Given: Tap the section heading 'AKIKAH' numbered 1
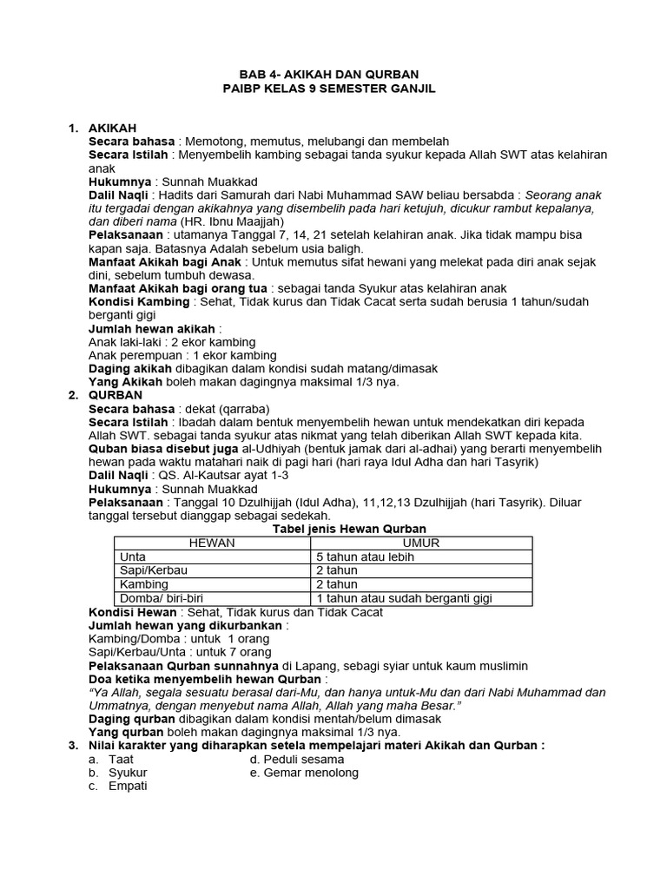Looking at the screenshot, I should [112, 128].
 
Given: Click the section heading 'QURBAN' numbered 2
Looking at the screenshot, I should [113, 395].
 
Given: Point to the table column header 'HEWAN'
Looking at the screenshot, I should [212, 543].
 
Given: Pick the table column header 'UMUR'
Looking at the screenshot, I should [421, 543].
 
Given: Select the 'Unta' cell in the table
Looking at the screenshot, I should [133, 556].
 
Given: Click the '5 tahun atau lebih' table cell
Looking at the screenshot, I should [365, 556].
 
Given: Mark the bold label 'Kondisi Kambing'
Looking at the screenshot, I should [139, 301].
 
